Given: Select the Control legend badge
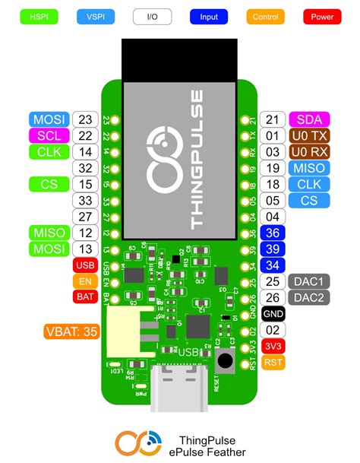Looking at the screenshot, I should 265,15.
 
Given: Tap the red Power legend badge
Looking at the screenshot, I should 322,15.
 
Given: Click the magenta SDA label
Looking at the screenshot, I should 309,119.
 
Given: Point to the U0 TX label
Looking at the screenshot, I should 309,135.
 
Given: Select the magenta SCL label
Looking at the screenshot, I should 49,135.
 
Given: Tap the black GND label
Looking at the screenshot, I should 273,314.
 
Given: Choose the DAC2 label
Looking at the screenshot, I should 309,297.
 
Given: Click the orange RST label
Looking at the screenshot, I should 273,363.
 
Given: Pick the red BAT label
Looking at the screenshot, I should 84,297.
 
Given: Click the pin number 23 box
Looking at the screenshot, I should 85,119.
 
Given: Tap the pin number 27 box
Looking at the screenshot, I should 85,217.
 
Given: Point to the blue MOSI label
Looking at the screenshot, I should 49,119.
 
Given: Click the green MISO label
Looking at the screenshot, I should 49,233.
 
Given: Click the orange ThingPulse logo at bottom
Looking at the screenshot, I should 139,444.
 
